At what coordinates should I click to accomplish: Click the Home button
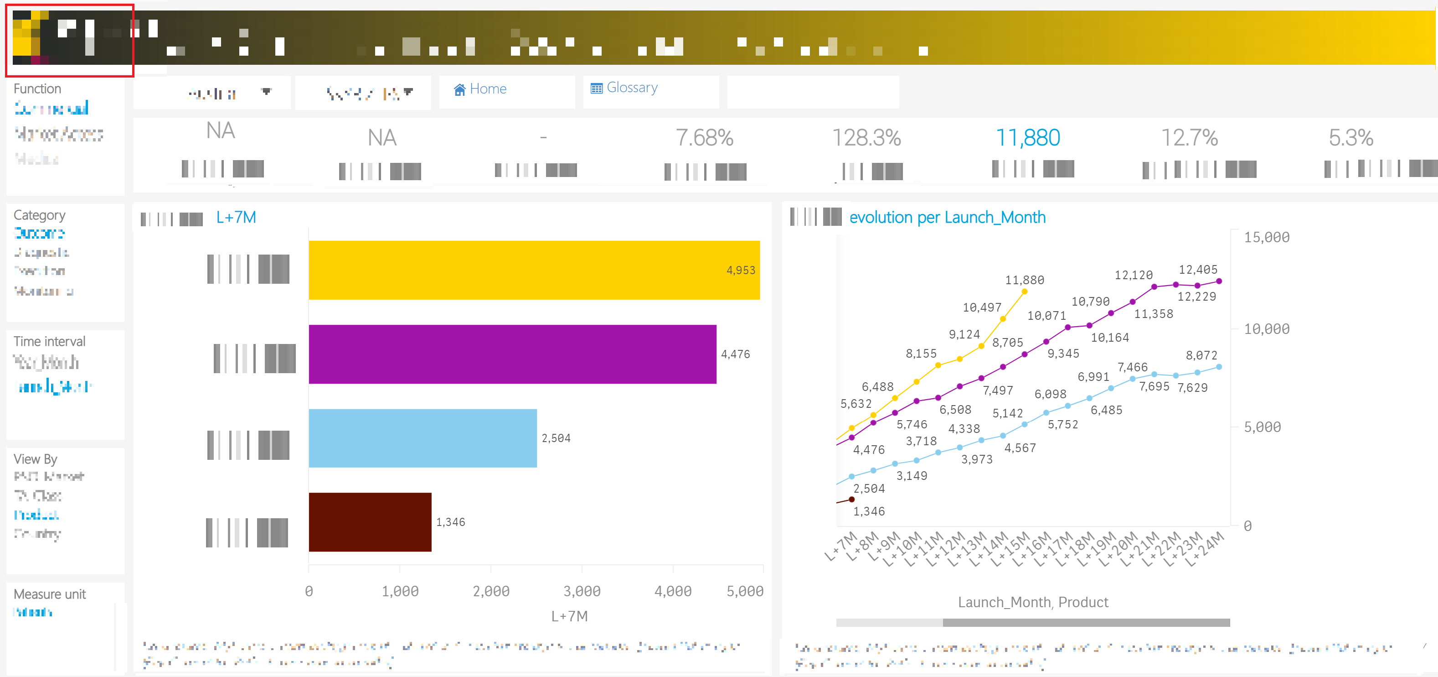481,89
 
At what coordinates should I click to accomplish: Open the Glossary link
625,88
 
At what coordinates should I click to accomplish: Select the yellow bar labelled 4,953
534,271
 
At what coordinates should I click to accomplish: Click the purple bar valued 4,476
512,354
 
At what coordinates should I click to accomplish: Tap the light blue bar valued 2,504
422,438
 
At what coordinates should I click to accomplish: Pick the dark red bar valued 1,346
370,522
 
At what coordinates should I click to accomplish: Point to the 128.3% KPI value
866,137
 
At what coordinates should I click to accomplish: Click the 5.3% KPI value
1350,137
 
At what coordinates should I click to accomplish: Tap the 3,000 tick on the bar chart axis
582,591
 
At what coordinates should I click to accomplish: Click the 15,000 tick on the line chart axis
1266,237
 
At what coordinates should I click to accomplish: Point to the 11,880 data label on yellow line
1024,280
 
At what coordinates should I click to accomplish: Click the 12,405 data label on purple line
1197,269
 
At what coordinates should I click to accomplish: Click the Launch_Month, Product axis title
1033,602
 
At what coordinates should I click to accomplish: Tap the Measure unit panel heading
50,594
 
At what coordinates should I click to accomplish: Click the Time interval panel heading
49,341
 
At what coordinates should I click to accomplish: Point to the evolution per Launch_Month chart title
947,217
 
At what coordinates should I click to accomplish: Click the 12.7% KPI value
1189,137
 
